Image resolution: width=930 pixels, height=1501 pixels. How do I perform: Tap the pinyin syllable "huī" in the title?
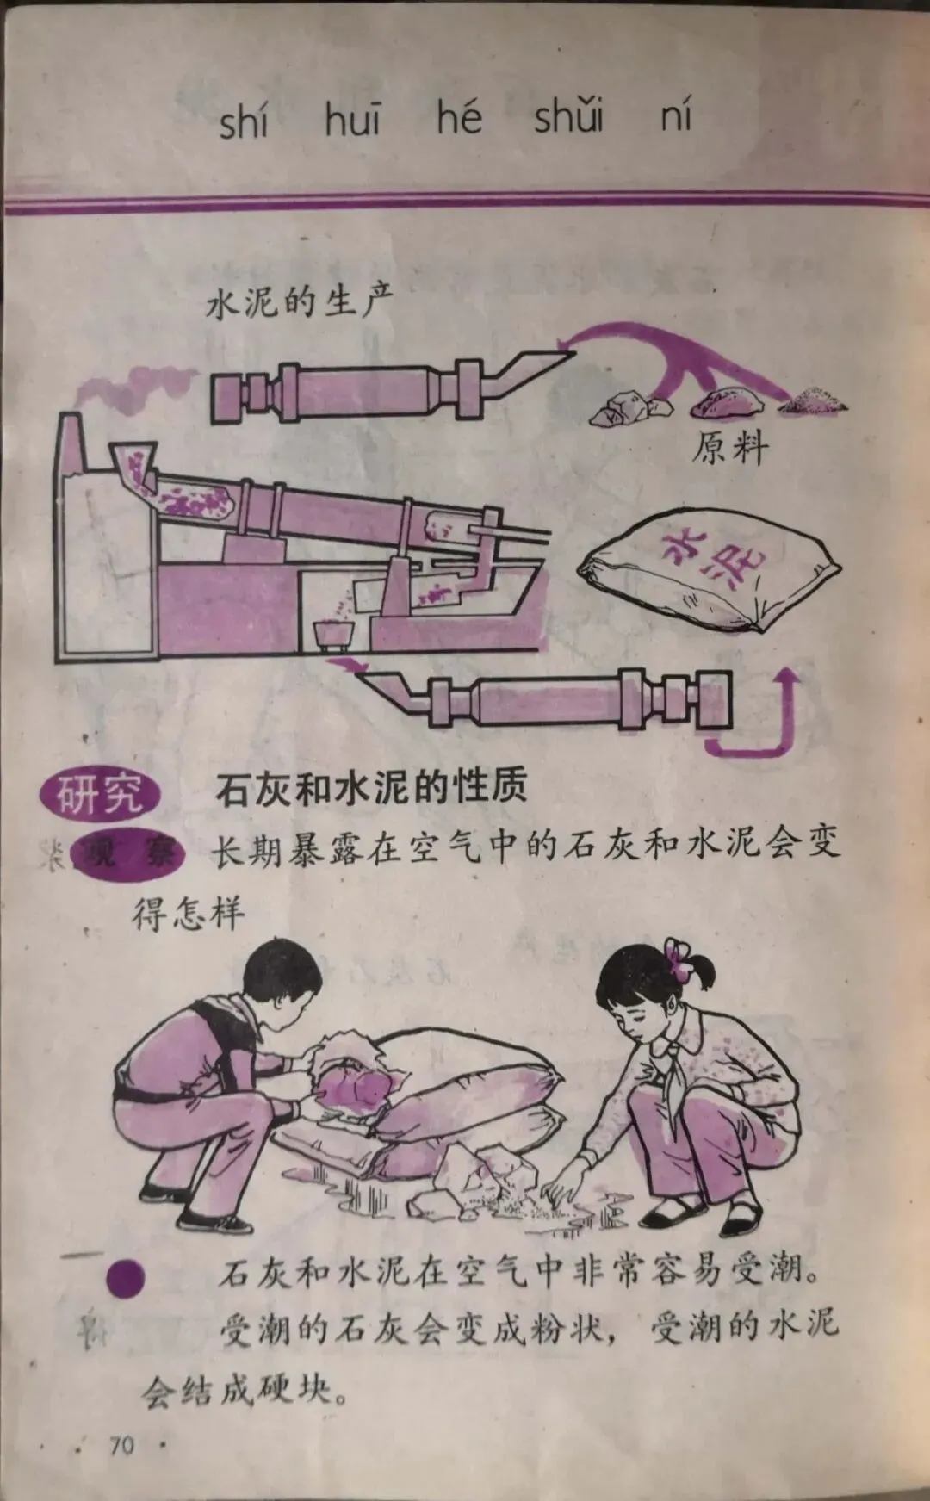(x=351, y=118)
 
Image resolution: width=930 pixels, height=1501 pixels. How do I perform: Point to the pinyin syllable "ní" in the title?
(x=676, y=115)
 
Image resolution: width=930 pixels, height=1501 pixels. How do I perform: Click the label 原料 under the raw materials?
(x=730, y=448)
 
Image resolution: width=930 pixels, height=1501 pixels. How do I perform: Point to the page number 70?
(x=122, y=1444)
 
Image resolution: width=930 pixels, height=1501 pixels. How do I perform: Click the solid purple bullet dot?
(x=125, y=1280)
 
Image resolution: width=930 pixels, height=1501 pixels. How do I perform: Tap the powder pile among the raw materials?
(x=813, y=400)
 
